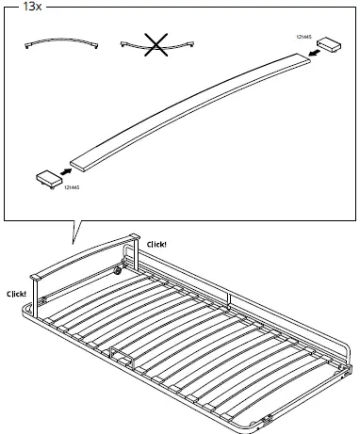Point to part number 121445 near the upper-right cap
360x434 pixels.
coord(305,36)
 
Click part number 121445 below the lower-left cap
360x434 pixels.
coord(72,188)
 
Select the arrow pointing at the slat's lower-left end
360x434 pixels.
coord(66,170)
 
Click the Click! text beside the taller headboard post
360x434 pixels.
coord(156,244)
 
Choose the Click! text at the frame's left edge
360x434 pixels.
coord(16,293)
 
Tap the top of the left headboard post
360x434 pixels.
coord(36,277)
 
